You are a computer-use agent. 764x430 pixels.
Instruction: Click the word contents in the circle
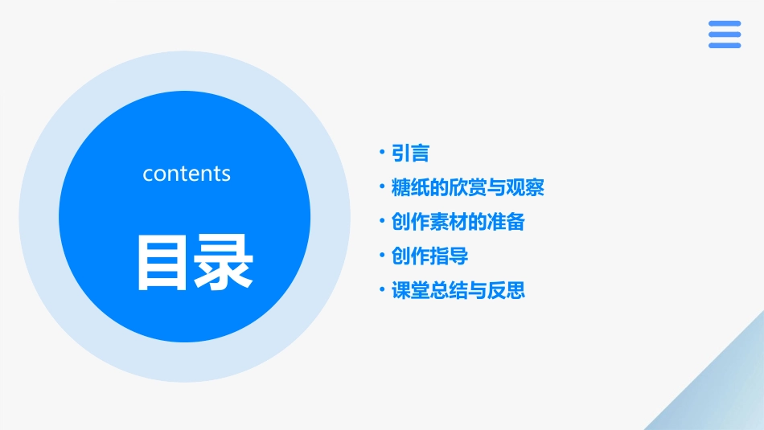tap(187, 174)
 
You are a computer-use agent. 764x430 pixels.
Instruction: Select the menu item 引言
tap(410, 153)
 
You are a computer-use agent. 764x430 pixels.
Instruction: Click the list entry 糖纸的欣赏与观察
tap(467, 188)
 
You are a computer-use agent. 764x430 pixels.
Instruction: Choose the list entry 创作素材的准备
tap(458, 222)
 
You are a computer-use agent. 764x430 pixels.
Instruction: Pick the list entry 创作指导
tap(429, 256)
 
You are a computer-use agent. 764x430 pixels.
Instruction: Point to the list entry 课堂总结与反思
tap(458, 290)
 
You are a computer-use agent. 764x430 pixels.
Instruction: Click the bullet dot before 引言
tap(382, 152)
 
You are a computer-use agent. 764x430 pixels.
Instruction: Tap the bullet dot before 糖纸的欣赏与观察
tap(382, 187)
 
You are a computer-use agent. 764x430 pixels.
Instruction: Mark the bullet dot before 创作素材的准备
tap(382, 221)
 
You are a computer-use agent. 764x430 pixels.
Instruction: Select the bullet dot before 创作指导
tap(382, 256)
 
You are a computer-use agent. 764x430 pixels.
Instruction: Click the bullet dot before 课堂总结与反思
tap(382, 289)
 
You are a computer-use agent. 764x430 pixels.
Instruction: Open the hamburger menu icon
tap(725, 35)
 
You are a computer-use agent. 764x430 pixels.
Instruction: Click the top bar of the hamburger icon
tap(725, 23)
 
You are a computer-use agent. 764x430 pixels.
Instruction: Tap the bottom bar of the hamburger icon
tap(725, 46)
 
